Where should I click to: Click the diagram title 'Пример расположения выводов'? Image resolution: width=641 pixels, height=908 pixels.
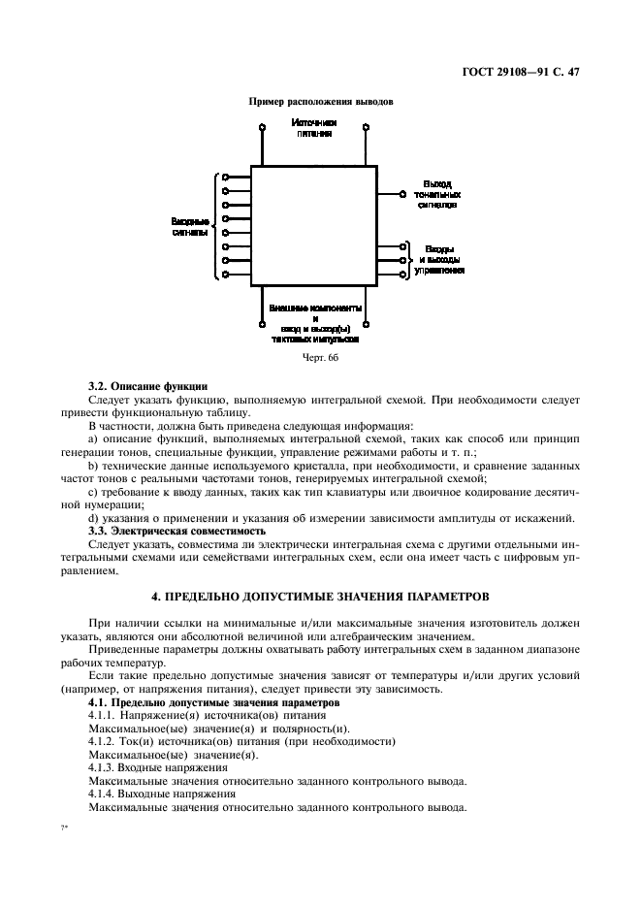[320, 102]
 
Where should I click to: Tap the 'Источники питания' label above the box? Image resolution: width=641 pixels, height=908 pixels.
[315, 128]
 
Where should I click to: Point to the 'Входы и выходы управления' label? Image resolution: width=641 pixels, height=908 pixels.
[439, 260]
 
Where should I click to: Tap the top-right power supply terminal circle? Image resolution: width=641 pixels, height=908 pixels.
[366, 126]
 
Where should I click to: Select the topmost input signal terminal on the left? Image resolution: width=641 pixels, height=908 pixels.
[226, 177]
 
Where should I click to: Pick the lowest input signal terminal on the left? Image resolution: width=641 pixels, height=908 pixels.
[226, 275]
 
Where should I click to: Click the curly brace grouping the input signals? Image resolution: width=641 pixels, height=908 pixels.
[215, 226]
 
